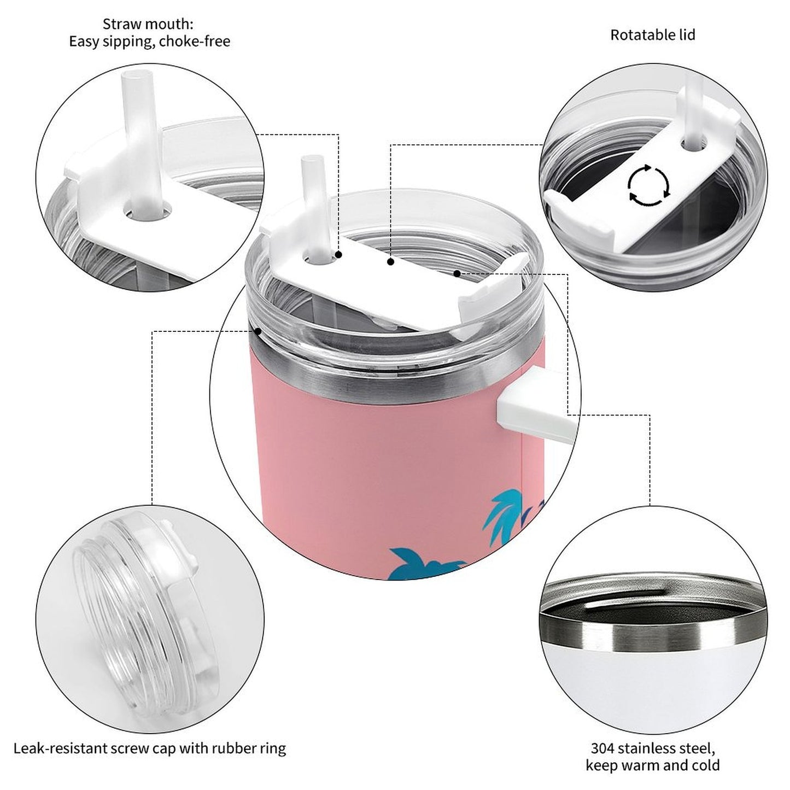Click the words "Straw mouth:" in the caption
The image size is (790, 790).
click(x=148, y=24)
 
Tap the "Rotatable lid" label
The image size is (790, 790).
click(x=652, y=35)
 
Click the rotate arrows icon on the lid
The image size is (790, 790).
click(x=648, y=185)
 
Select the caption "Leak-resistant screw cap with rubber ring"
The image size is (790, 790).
click(x=150, y=748)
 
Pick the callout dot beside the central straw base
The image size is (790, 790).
click(x=338, y=255)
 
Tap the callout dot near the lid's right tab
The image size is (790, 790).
click(x=457, y=272)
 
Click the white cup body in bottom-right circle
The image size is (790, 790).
click(x=651, y=683)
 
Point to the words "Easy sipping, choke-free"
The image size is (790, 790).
click(x=149, y=42)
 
